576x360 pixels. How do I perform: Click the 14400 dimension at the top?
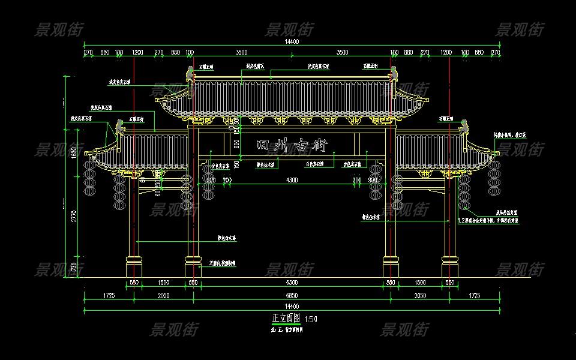click(x=292, y=41)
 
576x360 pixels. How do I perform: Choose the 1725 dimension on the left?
click(x=109, y=296)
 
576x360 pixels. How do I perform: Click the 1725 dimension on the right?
click(x=474, y=296)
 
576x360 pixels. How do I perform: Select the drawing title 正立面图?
click(x=286, y=318)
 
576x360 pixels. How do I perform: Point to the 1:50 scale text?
click(x=311, y=319)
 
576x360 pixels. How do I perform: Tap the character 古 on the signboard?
click(x=302, y=145)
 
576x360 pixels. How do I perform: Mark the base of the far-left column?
click(x=134, y=267)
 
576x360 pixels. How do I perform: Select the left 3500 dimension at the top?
click(x=241, y=53)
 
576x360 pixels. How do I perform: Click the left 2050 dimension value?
click(x=163, y=296)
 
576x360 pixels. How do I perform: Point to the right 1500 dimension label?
click(x=420, y=283)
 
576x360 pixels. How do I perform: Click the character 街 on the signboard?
click(x=319, y=146)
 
